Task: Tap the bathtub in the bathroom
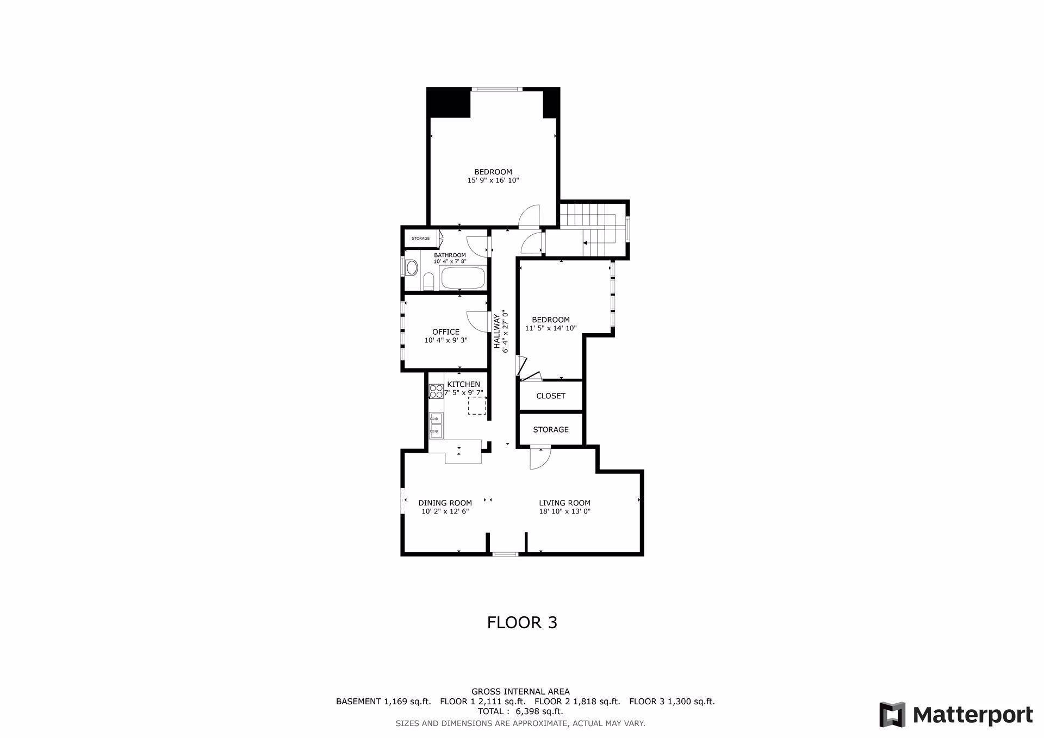(x=463, y=278)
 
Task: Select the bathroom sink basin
(x=412, y=267)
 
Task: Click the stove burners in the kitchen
(x=436, y=391)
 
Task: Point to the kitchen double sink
(x=436, y=425)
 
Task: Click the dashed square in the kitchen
(x=477, y=405)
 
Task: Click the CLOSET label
(x=551, y=396)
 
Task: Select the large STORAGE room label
(x=551, y=429)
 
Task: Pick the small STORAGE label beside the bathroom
(x=420, y=239)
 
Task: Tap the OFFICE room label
(x=446, y=332)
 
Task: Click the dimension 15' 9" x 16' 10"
(x=493, y=180)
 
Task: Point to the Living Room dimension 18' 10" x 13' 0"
(x=564, y=511)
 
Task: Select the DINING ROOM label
(x=445, y=503)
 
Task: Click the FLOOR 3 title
(x=522, y=622)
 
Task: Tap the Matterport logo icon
(x=892, y=715)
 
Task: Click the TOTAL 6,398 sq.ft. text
(x=520, y=711)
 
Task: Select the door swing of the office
(x=476, y=320)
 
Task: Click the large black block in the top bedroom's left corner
(x=449, y=102)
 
